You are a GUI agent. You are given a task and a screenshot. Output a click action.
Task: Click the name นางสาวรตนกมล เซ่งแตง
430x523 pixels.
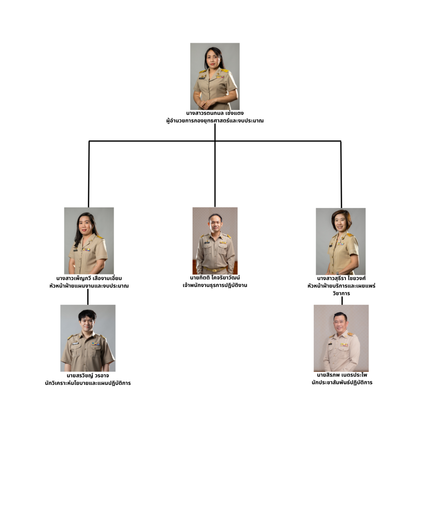tap(215, 113)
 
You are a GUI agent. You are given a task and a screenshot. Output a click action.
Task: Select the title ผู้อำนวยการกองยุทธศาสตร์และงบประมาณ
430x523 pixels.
tap(215, 121)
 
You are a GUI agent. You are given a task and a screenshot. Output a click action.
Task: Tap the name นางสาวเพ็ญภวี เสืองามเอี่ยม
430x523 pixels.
tap(89, 278)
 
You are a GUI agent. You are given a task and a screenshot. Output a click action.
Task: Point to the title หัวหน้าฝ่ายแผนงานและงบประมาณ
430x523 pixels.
tap(89, 286)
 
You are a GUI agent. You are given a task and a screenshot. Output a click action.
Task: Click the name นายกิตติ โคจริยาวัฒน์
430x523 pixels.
tap(215, 278)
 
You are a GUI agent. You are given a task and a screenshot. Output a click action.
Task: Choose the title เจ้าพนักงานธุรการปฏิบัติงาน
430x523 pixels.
tap(215, 285)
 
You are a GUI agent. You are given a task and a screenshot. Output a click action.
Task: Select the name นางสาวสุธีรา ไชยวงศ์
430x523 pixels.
tap(341, 278)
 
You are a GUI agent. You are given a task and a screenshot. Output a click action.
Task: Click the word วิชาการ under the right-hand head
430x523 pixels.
tap(341, 293)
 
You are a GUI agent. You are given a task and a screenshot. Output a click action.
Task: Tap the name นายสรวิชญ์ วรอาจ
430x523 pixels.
tap(88, 375)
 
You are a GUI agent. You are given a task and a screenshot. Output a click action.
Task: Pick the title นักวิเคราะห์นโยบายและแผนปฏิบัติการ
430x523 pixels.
tap(88, 383)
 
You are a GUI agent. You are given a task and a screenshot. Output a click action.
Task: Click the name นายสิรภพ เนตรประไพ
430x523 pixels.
tap(342, 375)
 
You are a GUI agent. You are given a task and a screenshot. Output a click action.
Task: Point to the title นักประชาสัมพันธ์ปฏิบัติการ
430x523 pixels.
tap(342, 382)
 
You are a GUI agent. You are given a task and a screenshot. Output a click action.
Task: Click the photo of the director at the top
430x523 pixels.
tap(215, 76)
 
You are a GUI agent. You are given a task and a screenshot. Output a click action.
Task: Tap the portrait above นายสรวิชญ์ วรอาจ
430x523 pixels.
tap(88, 338)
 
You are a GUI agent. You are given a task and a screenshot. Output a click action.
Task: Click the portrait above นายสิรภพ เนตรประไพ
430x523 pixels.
tap(341, 338)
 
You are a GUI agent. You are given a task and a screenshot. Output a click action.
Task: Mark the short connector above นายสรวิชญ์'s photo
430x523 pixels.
tap(88, 297)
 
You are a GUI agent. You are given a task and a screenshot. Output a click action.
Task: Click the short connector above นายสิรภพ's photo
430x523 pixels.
tap(342, 301)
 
